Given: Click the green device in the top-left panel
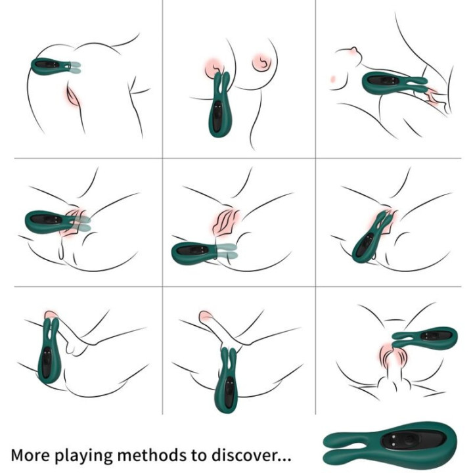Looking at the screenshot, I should [49, 66].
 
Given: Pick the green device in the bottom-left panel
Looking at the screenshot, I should [47, 355].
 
